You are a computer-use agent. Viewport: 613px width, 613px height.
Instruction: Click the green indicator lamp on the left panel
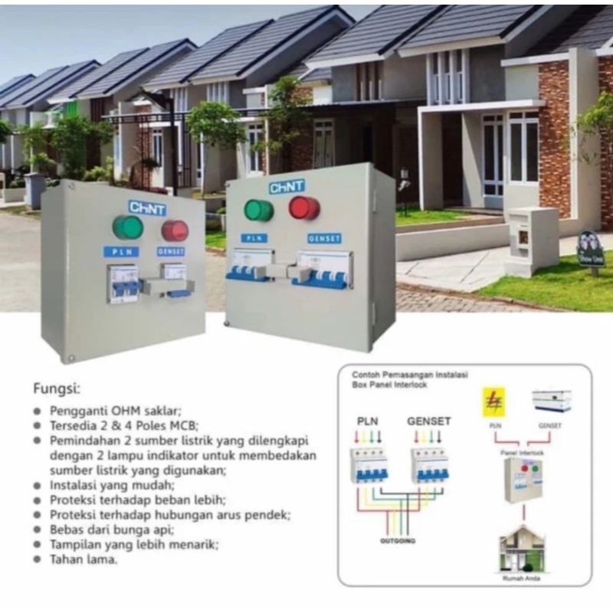tap(127, 228)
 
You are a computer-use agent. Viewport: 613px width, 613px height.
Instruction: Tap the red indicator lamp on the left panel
tap(175, 230)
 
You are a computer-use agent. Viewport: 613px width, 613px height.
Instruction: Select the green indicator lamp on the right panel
tap(258, 210)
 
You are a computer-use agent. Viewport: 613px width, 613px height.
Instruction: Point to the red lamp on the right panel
tap(304, 208)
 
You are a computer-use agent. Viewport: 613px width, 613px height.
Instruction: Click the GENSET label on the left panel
tap(171, 251)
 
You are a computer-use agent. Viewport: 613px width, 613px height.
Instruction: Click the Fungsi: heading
tap(57, 387)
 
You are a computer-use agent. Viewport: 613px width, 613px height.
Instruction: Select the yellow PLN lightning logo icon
tap(493, 402)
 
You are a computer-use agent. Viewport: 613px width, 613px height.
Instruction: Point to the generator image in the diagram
tap(552, 402)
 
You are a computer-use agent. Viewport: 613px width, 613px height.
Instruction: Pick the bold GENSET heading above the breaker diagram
tap(429, 421)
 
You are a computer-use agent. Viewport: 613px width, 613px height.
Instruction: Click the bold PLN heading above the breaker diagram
tap(369, 421)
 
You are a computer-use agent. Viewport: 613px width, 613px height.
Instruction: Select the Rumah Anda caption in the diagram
tap(522, 579)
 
